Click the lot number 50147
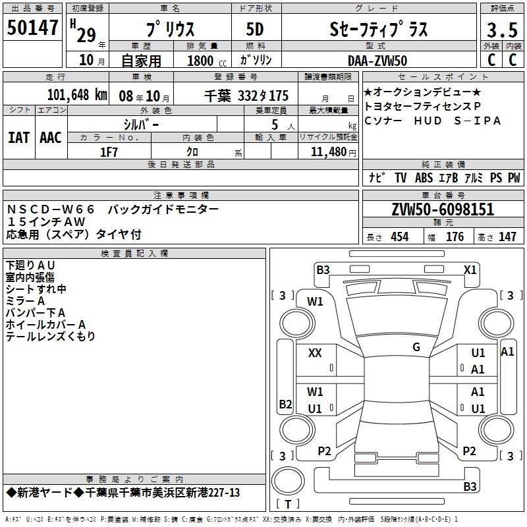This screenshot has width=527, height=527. pyautogui.click(x=32, y=27)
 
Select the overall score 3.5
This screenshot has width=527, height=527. pyautogui.click(x=502, y=30)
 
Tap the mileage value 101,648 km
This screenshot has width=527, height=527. pyautogui.click(x=77, y=95)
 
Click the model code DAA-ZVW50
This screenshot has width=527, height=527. pyautogui.click(x=377, y=61)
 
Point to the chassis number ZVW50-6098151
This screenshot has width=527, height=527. pyautogui.click(x=443, y=209)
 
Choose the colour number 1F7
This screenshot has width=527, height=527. pyautogui.click(x=109, y=152)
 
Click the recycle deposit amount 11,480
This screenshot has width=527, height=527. pyautogui.click(x=329, y=152)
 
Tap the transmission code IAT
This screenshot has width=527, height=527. pyautogui.click(x=18, y=138)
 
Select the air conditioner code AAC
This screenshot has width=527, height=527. pyautogui.click(x=51, y=138)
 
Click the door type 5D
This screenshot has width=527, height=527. pyautogui.click(x=255, y=29)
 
